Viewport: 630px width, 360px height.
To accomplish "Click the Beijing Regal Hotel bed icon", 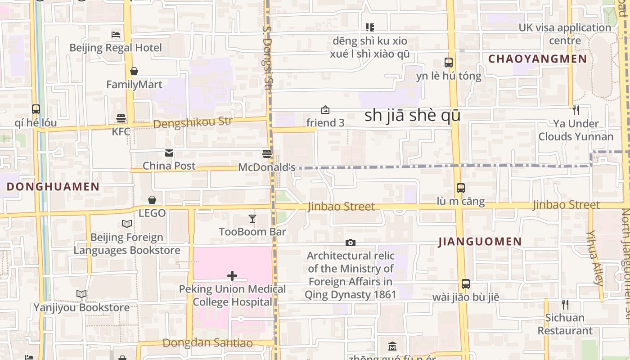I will click(116, 34).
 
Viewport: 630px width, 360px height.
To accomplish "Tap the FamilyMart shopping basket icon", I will click(134, 71).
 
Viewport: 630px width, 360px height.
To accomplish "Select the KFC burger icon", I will click(121, 118).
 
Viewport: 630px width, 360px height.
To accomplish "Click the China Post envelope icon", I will click(169, 153).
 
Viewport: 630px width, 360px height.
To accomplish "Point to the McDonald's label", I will click(266, 167).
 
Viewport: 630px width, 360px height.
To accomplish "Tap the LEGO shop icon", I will click(152, 200).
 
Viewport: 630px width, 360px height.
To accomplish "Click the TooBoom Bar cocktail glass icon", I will click(252, 219).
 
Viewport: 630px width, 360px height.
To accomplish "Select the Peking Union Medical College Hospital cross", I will click(232, 275).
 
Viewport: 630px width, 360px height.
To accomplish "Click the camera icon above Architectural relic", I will click(351, 243).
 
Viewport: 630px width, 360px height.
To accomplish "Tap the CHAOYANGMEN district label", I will click(538, 59).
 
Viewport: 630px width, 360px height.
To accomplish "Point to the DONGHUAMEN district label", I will click(53, 187).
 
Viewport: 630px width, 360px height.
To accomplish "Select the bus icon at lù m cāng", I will click(460, 188).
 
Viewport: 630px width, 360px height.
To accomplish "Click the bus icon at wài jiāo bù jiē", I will click(466, 284).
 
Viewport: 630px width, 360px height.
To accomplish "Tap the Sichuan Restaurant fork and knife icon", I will click(565, 305).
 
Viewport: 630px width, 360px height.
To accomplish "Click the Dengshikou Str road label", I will click(193, 122).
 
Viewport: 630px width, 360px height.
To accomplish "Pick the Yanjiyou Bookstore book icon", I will click(81, 294).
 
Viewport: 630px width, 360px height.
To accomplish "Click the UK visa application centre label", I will click(565, 34).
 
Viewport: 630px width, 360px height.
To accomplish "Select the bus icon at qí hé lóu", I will click(36, 109).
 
